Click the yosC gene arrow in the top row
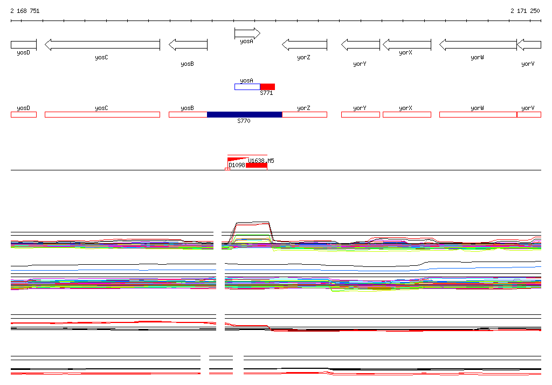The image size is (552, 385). (x=102, y=45)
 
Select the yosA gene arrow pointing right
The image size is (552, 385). (x=247, y=33)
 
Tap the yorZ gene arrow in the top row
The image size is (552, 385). (x=305, y=45)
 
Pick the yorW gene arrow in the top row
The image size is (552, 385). (x=478, y=45)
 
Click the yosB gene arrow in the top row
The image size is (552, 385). (x=188, y=45)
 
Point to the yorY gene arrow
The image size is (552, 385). (x=361, y=45)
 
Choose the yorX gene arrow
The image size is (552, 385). (x=406, y=45)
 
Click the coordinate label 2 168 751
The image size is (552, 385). (x=25, y=11)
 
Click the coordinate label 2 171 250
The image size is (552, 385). (x=525, y=11)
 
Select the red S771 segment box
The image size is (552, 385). (x=267, y=87)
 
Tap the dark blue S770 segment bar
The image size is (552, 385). (x=244, y=114)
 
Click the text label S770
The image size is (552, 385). (x=244, y=121)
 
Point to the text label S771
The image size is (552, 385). (x=266, y=93)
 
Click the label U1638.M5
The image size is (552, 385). (x=261, y=161)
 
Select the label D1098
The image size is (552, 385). (x=237, y=166)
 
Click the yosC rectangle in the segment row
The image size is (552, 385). (x=102, y=114)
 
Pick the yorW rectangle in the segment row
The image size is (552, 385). (x=478, y=114)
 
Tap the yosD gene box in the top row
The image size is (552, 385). (x=23, y=45)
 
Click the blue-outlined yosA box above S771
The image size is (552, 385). (x=247, y=87)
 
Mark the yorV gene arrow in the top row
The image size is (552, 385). (x=529, y=45)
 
